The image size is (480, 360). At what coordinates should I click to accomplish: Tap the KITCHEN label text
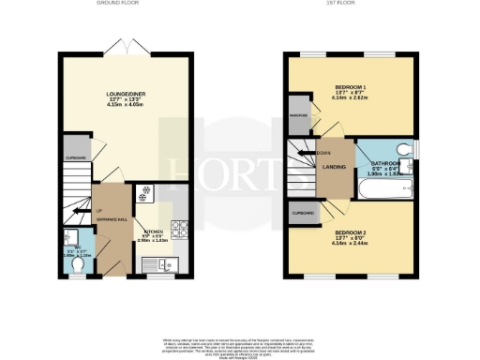(x=153, y=232)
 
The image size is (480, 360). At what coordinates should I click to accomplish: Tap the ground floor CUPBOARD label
(x=76, y=158)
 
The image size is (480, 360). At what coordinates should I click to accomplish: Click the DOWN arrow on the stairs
(x=323, y=152)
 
